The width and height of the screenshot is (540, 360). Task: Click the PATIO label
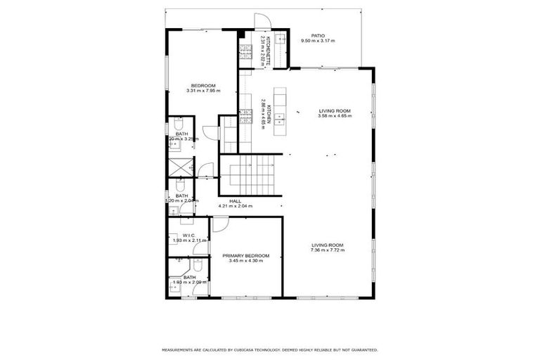[318, 35]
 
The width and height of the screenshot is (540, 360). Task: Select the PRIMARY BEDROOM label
[245, 255]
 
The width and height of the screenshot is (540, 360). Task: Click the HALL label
[235, 200]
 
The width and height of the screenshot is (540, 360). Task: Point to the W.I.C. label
[188, 235]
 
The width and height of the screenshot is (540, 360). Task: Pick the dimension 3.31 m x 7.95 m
[203, 91]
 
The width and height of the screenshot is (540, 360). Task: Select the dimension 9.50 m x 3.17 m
[318, 41]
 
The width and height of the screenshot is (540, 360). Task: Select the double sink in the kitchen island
[280, 117]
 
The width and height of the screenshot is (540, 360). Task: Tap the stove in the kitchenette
[245, 50]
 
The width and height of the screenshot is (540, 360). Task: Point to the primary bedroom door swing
[219, 224]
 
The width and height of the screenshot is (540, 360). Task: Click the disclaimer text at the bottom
[270, 349]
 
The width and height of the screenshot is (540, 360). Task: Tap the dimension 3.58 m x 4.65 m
[334, 117]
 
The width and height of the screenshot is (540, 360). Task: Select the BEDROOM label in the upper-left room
[203, 85]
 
